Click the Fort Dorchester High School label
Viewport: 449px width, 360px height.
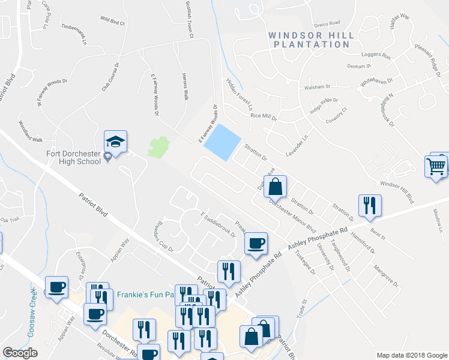tap(73, 157)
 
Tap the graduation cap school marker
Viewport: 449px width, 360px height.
tap(115, 142)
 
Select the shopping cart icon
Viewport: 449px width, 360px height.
tap(436, 165)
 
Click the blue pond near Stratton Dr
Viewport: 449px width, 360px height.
tap(221, 142)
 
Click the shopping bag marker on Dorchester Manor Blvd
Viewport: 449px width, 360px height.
tap(274, 187)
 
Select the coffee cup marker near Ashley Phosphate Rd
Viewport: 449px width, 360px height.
tap(256, 243)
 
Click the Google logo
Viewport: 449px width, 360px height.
tap(20, 353)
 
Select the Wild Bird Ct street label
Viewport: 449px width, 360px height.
tap(113, 23)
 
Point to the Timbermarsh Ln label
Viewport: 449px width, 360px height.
tap(75, 34)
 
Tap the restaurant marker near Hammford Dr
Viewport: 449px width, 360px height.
tap(367, 205)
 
